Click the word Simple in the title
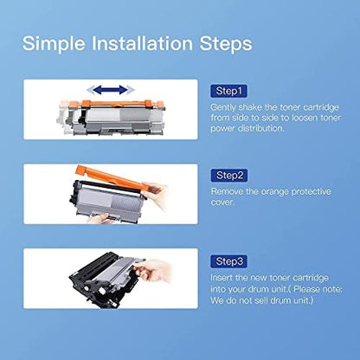(x=54, y=44)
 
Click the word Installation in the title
(x=143, y=43)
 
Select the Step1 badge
(x=228, y=91)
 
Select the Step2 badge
(x=229, y=175)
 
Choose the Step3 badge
(x=228, y=261)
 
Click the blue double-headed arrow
(x=111, y=90)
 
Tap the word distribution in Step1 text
(x=260, y=128)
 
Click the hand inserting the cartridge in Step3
(x=153, y=271)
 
